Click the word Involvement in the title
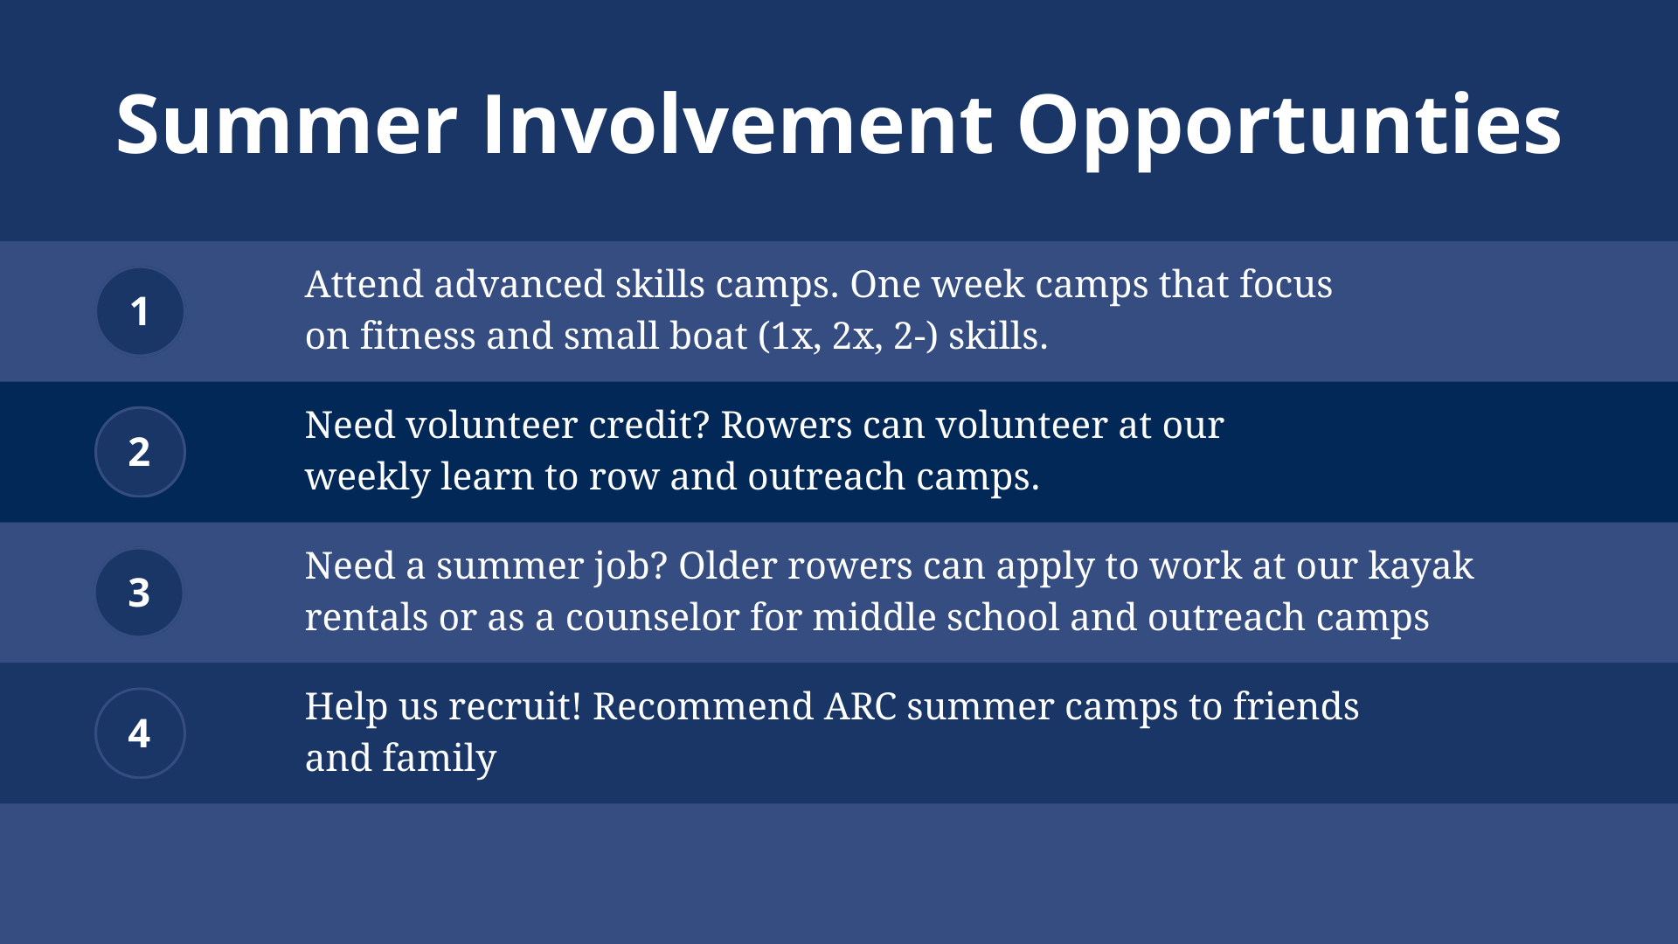[738, 124]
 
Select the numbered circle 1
[140, 311]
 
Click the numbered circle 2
[140, 452]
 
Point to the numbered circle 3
[140, 592]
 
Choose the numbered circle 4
[140, 732]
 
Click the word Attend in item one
[364, 284]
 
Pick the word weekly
[367, 477]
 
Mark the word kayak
[1421, 567]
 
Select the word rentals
[367, 618]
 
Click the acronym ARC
[861, 706]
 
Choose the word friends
[1296, 706]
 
